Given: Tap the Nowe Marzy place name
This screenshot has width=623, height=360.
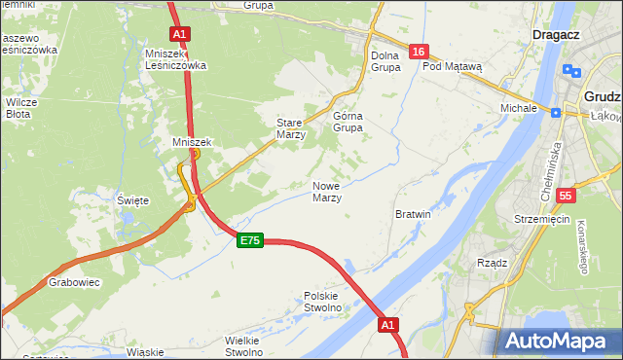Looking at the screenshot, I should point(326,192).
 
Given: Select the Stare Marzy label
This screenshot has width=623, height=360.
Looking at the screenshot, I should point(291,129).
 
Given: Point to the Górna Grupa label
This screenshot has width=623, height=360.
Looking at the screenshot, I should point(348,121).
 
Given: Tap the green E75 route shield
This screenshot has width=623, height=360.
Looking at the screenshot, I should point(249,240).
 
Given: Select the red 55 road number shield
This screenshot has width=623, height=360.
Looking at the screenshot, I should point(566,196).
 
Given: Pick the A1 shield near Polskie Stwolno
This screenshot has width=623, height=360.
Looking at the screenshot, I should point(388,324).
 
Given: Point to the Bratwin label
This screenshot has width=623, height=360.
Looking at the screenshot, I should point(413,213).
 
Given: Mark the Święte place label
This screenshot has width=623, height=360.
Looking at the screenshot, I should point(132,200).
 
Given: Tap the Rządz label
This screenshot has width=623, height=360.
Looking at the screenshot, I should point(493,263).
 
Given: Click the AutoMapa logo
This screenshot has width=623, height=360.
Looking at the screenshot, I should point(559,342).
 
